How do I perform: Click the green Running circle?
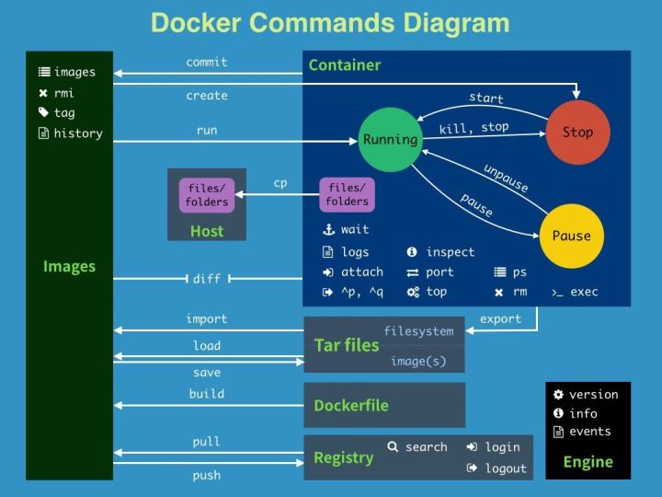390,140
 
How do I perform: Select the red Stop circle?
577,133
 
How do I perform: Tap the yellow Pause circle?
571,236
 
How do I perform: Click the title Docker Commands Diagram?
329,23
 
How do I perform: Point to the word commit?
207,63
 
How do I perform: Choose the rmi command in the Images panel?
63,92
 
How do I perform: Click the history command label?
77,133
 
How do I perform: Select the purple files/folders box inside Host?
207,195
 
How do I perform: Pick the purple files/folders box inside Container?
347,195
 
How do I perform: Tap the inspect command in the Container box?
450,252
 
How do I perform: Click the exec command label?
583,292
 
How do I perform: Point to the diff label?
206,279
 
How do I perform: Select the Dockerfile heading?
350,405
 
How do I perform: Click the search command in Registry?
426,447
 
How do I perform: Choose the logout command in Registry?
506,468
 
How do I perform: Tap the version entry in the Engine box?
593,394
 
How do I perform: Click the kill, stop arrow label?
474,128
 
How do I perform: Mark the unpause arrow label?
506,178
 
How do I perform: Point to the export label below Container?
500,319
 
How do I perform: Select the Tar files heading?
346,345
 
